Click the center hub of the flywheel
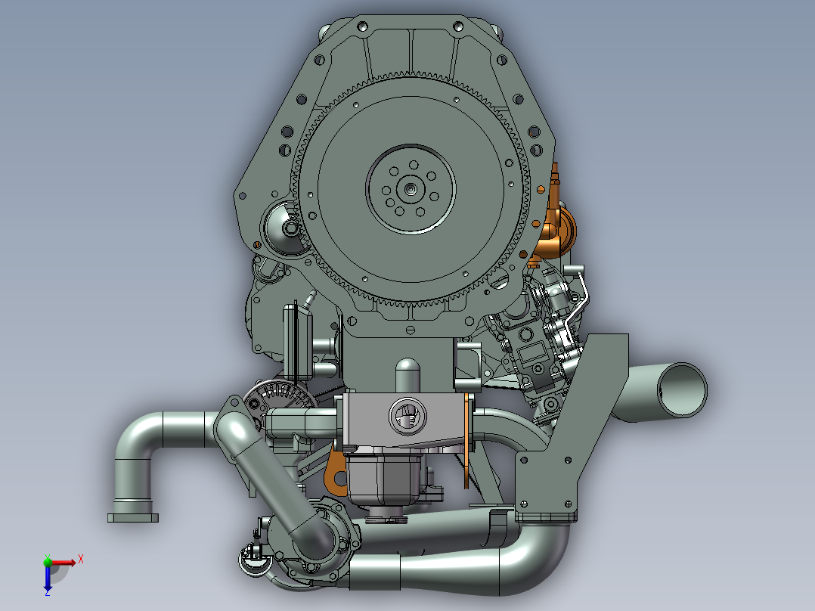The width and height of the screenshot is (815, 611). [x=411, y=189]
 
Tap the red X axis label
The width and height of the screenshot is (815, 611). [x=81, y=560]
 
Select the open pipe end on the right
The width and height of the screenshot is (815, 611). [x=682, y=389]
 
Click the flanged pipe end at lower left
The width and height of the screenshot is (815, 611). [x=133, y=517]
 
